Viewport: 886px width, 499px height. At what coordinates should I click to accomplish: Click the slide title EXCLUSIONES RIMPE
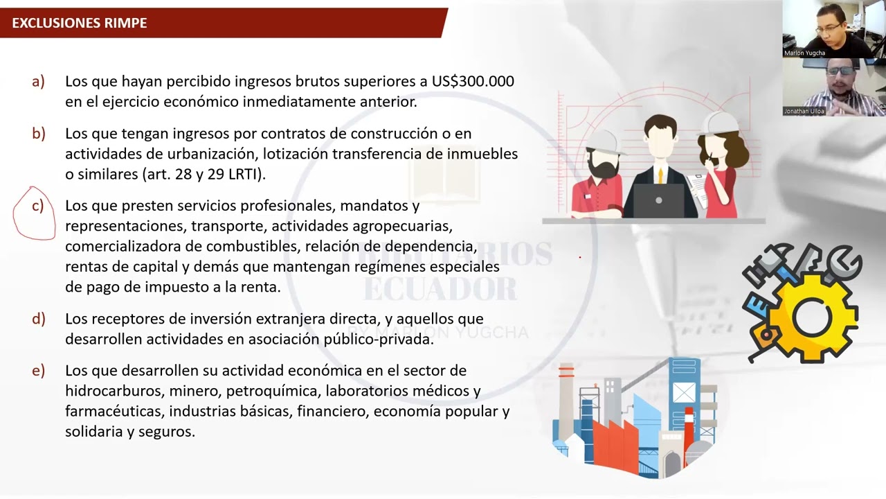pos(80,23)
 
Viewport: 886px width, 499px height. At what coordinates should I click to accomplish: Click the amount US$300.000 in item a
pos(473,81)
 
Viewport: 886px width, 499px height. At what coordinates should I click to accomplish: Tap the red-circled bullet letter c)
pos(37,206)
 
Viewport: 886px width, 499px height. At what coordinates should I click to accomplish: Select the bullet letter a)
pos(38,81)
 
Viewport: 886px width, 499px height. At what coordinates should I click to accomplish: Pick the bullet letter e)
pos(38,370)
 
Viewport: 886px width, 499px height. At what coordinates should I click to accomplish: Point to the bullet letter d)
pos(38,319)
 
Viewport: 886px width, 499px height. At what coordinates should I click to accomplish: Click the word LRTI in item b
pos(243,174)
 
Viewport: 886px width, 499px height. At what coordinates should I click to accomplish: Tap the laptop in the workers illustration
pos(658,200)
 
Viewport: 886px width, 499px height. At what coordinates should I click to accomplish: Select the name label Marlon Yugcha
pos(804,53)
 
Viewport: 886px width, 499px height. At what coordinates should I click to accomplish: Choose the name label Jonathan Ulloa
pos(804,111)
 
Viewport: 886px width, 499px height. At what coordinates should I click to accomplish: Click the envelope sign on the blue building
pos(683,392)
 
